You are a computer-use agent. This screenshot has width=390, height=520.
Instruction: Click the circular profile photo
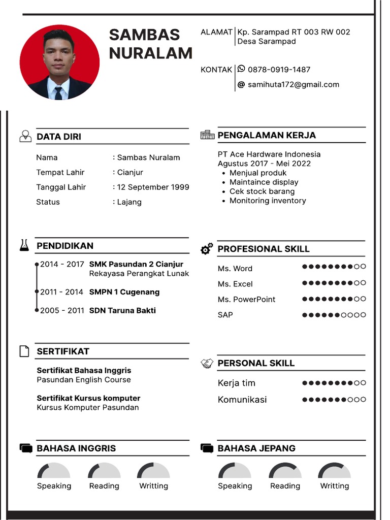click(59, 62)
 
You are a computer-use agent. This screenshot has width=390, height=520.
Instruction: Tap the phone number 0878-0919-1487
click(279, 70)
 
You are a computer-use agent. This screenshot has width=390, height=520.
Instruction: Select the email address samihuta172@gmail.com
click(293, 85)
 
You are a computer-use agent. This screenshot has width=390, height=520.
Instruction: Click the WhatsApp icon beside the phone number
click(241, 69)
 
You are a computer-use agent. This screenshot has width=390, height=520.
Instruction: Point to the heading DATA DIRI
click(59, 137)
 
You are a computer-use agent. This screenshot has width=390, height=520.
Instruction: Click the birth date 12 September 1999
click(153, 187)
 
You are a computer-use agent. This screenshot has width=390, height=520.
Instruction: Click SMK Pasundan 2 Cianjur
click(136, 264)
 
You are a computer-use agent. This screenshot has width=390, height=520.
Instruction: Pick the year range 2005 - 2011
click(62, 310)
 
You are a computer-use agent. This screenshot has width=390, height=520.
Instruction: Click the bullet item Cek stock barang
click(262, 191)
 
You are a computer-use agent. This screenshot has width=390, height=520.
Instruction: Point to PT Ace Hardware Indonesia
click(269, 154)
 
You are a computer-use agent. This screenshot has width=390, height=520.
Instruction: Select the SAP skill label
click(225, 315)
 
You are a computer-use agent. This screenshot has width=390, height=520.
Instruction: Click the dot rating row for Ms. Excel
click(334, 283)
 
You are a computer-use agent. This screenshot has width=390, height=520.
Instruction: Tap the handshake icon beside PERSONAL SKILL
click(207, 363)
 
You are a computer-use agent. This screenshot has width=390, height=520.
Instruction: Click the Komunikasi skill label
click(242, 400)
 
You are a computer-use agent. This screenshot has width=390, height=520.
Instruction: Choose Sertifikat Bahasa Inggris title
click(84, 370)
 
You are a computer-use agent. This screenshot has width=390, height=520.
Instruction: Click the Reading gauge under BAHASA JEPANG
click(285, 471)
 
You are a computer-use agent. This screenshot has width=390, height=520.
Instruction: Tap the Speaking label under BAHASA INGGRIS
click(54, 486)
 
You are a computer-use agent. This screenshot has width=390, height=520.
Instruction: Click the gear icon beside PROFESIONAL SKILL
click(207, 249)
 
